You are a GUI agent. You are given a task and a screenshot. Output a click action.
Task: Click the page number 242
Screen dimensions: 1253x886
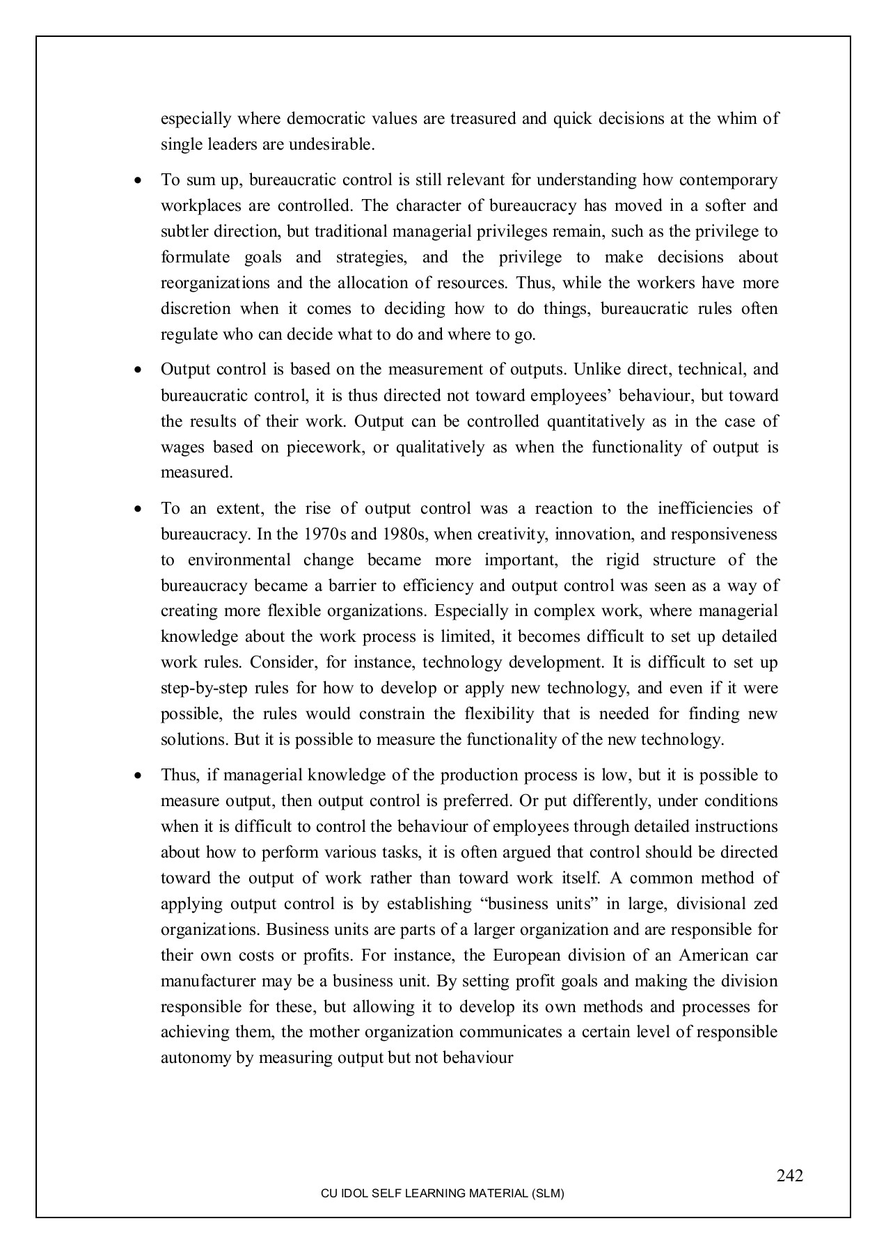point(790,1176)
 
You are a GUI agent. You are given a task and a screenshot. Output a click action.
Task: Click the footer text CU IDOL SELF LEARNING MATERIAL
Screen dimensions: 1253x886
point(442,1194)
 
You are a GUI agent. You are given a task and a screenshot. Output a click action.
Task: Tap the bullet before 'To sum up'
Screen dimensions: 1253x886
point(139,180)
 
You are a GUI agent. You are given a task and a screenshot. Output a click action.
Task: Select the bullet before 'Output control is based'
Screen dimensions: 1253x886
point(139,370)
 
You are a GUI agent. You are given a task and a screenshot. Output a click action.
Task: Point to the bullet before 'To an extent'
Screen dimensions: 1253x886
point(139,509)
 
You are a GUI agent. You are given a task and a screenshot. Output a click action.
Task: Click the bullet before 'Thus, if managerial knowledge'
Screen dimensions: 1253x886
point(139,775)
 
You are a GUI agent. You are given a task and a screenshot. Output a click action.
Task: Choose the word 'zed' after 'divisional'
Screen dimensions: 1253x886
point(766,904)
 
